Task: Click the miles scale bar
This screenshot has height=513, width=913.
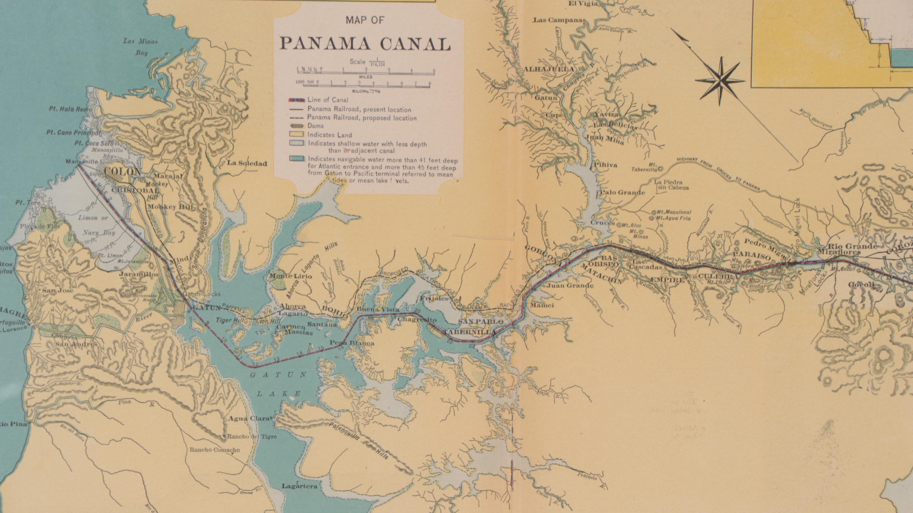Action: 365,72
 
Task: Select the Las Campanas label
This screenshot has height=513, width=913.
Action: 559,20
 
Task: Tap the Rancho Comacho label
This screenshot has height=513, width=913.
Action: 214,450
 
